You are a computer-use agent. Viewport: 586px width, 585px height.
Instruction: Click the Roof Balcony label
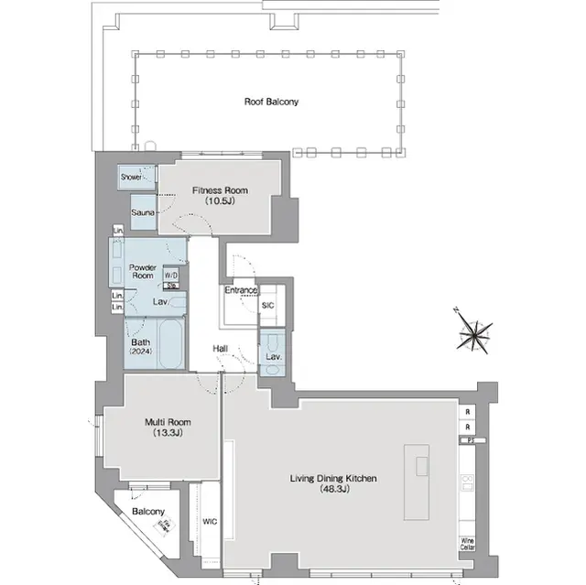(271, 102)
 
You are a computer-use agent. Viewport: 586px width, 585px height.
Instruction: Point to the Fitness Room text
(219, 190)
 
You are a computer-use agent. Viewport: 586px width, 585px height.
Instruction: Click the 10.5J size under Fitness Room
(219, 201)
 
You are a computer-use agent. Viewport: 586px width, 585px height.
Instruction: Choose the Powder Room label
(142, 270)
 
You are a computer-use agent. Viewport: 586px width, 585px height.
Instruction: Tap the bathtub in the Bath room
(171, 344)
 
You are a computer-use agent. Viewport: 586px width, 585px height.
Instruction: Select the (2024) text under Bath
(141, 352)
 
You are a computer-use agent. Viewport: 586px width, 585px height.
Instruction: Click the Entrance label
(241, 290)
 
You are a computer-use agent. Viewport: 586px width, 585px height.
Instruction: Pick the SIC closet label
(268, 305)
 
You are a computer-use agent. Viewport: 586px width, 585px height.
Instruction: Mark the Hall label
(221, 349)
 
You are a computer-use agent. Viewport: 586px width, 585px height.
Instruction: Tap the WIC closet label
(210, 522)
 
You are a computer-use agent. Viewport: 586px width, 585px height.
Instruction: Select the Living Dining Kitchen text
(333, 479)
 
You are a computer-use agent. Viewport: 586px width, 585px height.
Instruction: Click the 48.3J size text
(333, 490)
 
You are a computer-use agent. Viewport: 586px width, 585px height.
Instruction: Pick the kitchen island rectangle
(421, 465)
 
